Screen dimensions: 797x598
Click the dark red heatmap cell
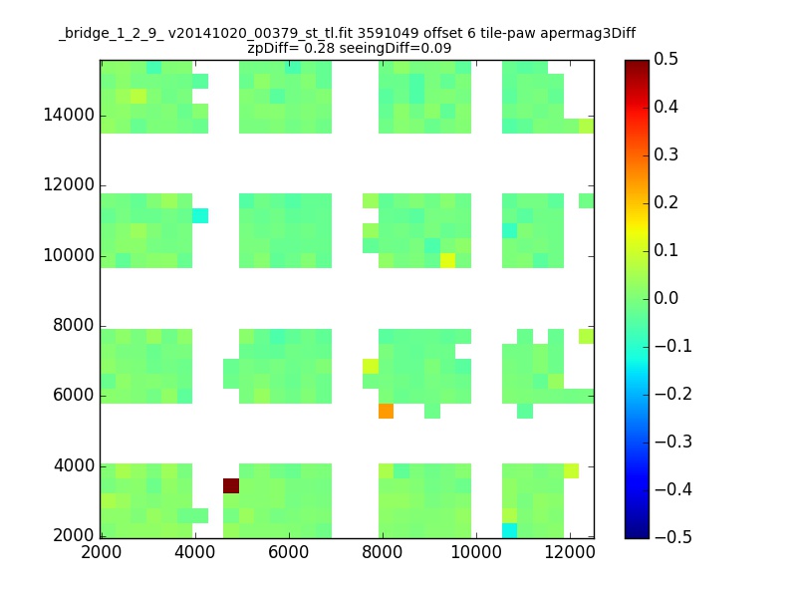coord(231,485)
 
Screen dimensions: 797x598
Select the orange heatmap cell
coord(386,411)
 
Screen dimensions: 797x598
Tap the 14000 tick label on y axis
coord(69,115)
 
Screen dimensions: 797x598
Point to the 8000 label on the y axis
coord(74,326)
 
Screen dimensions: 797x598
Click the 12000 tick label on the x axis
coord(570,552)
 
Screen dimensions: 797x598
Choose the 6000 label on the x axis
coord(288,552)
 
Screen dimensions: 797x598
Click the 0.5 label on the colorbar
coord(665,59)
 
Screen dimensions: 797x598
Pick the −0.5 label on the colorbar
coord(673,537)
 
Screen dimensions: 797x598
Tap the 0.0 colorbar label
coord(665,298)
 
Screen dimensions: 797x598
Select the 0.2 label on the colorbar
coord(665,202)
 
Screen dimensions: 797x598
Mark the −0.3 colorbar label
coord(673,442)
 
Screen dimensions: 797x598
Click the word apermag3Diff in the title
coord(588,34)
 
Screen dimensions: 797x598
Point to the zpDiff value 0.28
coord(319,48)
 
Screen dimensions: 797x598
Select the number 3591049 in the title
coord(389,33)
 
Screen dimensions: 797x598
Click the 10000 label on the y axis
coord(69,255)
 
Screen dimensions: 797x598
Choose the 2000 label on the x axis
coord(102,552)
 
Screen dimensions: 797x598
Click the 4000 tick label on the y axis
coord(74,465)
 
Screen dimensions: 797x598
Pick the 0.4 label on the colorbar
coord(665,107)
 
